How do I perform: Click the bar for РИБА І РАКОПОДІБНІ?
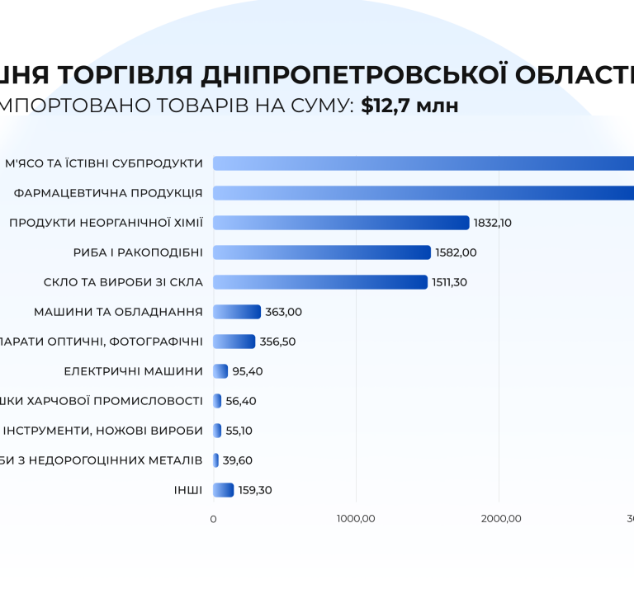pyautogui.click(x=322, y=252)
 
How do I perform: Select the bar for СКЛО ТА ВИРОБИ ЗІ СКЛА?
pyautogui.click(x=320, y=282)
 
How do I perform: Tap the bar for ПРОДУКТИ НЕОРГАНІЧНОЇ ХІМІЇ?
pyautogui.click(x=341, y=223)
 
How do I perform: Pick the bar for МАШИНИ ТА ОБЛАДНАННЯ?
pyautogui.click(x=237, y=312)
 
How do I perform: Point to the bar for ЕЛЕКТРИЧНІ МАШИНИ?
pyautogui.click(x=220, y=371)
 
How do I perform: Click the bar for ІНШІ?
pyautogui.click(x=224, y=490)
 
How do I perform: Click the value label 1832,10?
pyautogui.click(x=493, y=223)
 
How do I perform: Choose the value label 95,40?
pyautogui.click(x=248, y=371)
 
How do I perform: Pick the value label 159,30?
pyautogui.click(x=255, y=490)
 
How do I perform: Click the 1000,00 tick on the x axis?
pyautogui.click(x=357, y=519)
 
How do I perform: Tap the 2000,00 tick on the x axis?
pyautogui.click(x=499, y=519)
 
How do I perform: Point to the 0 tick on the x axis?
pyautogui.click(x=214, y=519)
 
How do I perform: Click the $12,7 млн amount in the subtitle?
pyautogui.click(x=409, y=106)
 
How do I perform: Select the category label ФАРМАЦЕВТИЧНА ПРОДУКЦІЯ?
pyautogui.click(x=109, y=193)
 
